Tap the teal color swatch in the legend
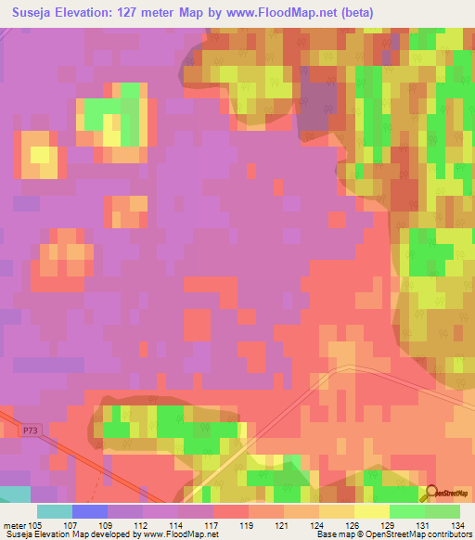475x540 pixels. [54, 511]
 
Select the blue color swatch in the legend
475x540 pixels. [89, 511]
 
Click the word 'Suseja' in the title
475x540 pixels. [32, 10]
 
